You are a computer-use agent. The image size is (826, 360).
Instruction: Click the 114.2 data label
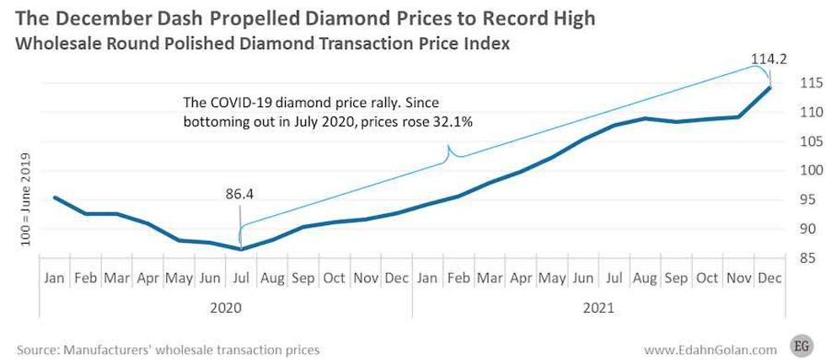(766, 60)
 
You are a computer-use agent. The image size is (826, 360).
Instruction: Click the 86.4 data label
(240, 194)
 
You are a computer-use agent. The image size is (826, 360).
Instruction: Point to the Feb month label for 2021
(459, 277)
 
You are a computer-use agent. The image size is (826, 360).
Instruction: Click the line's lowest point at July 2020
(242, 249)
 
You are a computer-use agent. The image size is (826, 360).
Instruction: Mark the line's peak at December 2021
(770, 87)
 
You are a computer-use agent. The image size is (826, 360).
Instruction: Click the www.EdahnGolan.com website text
(711, 347)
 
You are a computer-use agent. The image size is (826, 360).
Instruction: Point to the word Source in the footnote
(37, 347)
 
